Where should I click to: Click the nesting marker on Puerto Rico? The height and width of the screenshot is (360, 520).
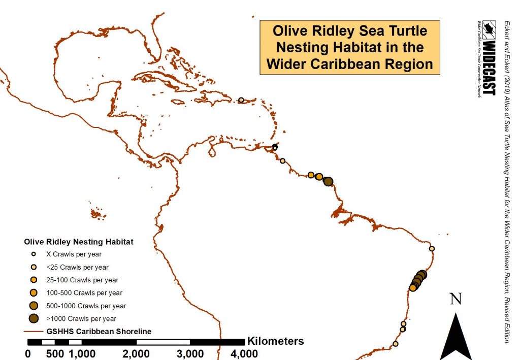[x=241, y=100]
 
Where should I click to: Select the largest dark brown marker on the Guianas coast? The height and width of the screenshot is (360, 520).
[x=328, y=181]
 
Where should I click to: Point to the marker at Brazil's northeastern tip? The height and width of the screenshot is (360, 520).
[x=432, y=249]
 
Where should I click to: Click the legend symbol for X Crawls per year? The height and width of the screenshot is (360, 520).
[x=34, y=254]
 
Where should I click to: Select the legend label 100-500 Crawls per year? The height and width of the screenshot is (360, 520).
[x=83, y=293]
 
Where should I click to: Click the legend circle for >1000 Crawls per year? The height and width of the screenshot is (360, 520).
[x=34, y=319]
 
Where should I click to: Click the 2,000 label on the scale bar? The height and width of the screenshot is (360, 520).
[x=136, y=353]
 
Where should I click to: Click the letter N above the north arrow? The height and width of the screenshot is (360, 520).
[x=456, y=299]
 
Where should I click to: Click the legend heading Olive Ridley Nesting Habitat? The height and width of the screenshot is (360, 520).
[x=79, y=242]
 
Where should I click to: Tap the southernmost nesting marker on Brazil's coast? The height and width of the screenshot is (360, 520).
[x=395, y=344]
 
